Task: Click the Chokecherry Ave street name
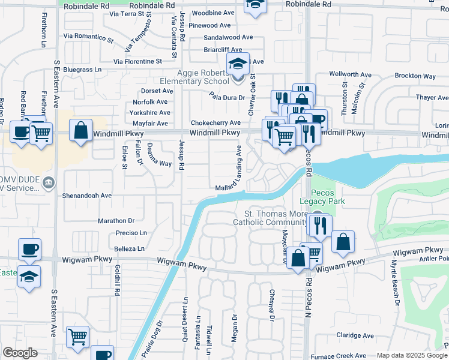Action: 215,122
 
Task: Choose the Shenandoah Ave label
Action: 87,196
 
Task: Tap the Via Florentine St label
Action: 138,61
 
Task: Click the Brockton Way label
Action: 415,76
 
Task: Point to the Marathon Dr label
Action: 116,221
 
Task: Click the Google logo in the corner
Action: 20,353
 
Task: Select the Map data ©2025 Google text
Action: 411,355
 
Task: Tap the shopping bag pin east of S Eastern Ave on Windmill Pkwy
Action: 80,131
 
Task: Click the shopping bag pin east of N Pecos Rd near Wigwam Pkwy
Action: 343,242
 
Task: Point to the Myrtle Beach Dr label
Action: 396,285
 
